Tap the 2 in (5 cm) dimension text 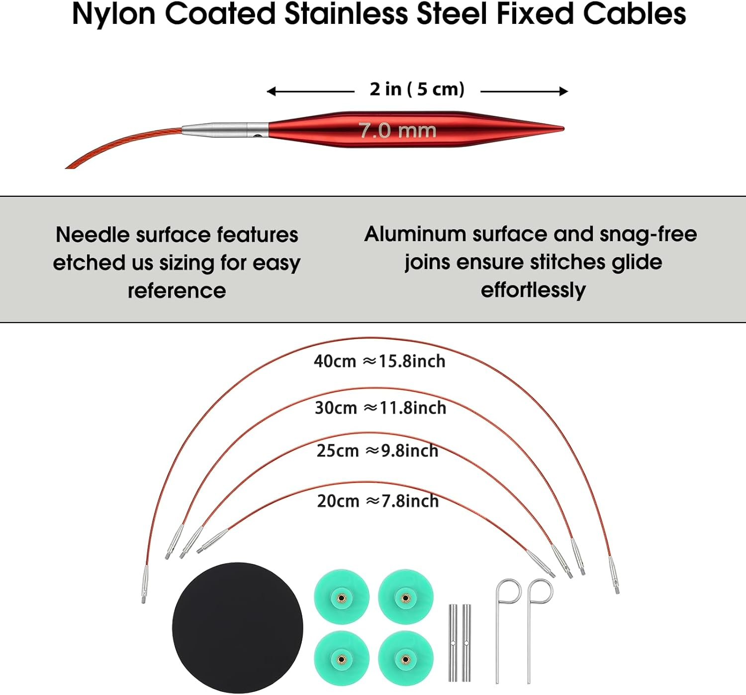417,89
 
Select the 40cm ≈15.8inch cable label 379,361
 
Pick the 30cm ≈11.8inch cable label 380,408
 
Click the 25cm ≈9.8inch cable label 377,451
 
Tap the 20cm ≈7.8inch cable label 378,501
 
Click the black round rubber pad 238,627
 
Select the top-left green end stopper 342,597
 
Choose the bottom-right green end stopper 405,659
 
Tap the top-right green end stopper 405,597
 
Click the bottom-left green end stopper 342,659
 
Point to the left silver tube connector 453,643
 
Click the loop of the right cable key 540,591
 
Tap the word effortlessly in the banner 533,290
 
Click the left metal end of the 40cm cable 145,584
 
